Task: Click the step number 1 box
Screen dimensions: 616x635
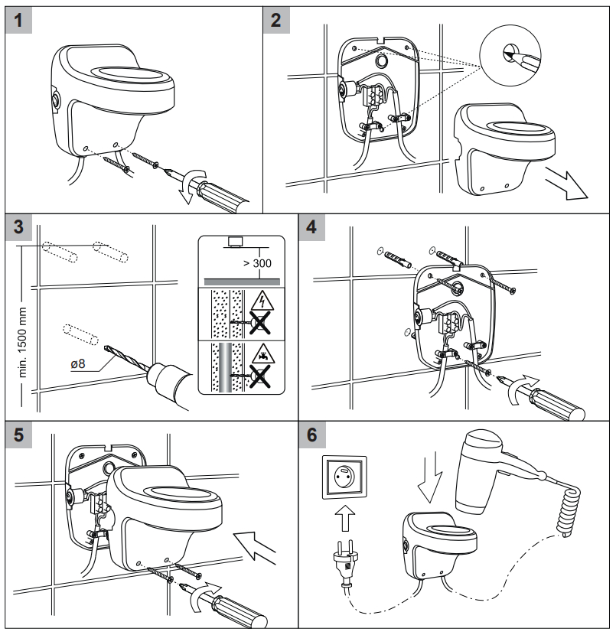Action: [x=18, y=20]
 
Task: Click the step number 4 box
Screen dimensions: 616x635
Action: [x=312, y=227]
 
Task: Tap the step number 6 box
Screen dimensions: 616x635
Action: [x=312, y=435]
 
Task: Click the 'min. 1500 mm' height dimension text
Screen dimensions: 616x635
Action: [x=23, y=342]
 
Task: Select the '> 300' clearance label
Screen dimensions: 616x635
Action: [x=257, y=263]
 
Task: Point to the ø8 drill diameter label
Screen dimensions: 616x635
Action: [x=78, y=363]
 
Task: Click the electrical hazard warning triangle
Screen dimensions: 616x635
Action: [x=262, y=301]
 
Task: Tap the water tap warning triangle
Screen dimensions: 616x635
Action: [x=262, y=353]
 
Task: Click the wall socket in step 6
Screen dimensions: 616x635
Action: [x=344, y=477]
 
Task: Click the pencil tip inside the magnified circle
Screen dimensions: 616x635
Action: [x=509, y=53]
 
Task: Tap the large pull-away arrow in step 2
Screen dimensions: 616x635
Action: [x=566, y=183]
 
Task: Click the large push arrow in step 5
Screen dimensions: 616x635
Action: [x=255, y=547]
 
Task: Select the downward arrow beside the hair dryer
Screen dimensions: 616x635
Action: [x=430, y=480]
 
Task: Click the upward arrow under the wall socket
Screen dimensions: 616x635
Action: [x=345, y=517]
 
